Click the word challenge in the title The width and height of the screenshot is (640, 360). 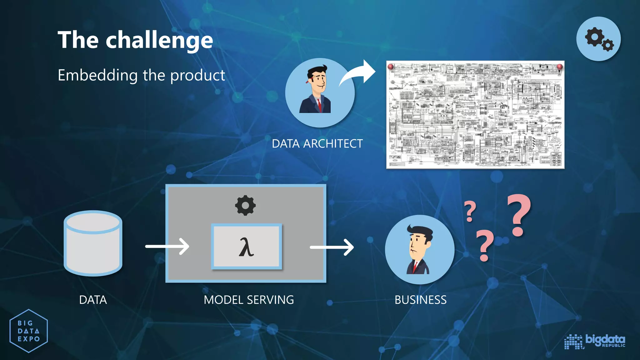[x=159, y=41]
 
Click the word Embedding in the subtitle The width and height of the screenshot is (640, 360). [x=97, y=76]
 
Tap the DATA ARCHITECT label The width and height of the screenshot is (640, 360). [x=317, y=144]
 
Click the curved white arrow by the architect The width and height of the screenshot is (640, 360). [x=358, y=73]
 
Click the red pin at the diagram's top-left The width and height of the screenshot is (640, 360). [x=391, y=67]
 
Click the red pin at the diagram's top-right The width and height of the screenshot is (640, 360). [x=560, y=67]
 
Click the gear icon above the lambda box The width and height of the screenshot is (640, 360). [x=245, y=205]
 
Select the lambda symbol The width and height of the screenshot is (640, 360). [x=246, y=247]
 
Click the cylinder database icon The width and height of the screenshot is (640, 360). [x=93, y=243]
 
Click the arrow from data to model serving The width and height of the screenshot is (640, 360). [x=167, y=247]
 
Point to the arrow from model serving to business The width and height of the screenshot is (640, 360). [x=332, y=247]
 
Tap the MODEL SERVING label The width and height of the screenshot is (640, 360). [x=249, y=300]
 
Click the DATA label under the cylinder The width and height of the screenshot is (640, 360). [x=93, y=300]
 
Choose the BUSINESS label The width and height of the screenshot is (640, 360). [x=421, y=300]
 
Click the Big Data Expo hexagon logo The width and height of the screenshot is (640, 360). [x=29, y=331]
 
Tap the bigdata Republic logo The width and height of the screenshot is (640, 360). [x=595, y=341]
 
